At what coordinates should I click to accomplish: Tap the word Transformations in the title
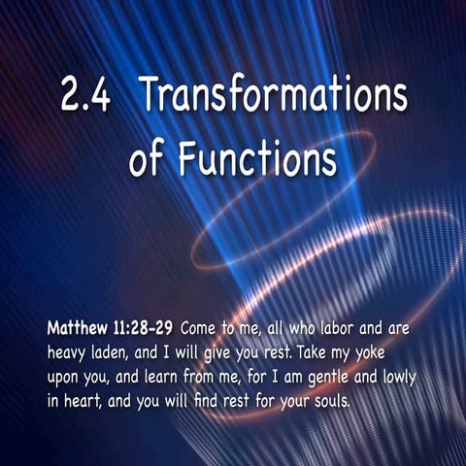[273, 98]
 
